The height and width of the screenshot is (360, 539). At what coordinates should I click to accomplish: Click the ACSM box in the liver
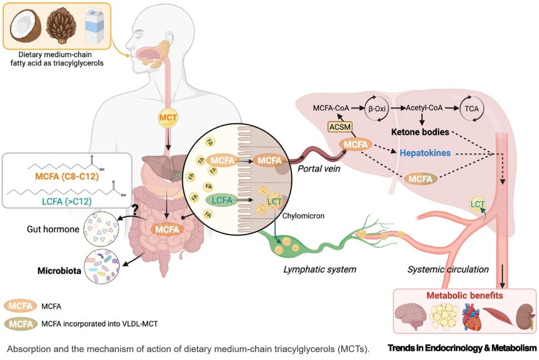click(x=340, y=127)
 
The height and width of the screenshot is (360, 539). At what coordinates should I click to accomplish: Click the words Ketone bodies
click(x=420, y=132)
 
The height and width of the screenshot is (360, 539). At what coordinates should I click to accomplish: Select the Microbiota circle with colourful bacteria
click(x=102, y=266)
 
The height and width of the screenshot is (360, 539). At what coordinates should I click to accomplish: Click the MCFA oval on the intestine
click(x=166, y=229)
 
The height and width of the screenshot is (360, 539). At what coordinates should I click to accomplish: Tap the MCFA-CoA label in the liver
click(x=331, y=108)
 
